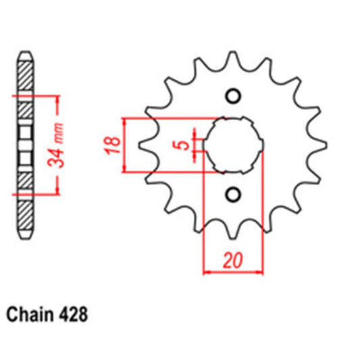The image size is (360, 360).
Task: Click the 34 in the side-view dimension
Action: click(x=59, y=156)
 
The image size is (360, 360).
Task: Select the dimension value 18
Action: click(x=113, y=144)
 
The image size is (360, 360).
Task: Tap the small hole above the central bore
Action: click(x=233, y=95)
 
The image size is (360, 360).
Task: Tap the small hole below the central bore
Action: click(x=233, y=195)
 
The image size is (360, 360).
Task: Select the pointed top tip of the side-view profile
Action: click(x=24, y=52)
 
